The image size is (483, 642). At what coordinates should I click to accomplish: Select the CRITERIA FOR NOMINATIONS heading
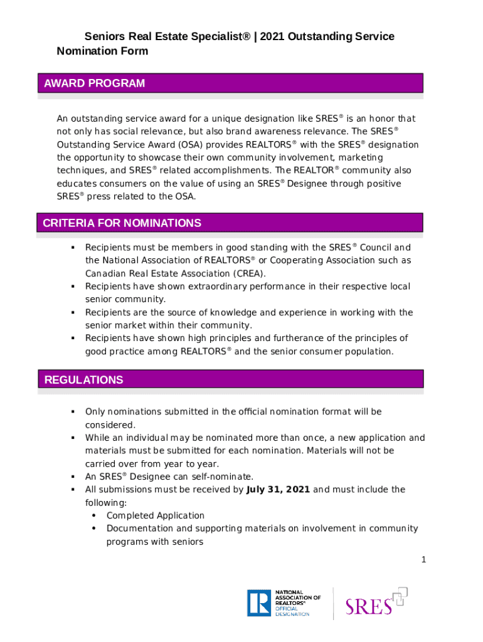pyautogui.click(x=122, y=223)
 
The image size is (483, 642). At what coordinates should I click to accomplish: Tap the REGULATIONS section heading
pyautogui.click(x=84, y=380)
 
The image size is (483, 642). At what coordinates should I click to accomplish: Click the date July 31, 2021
pyautogui.click(x=279, y=490)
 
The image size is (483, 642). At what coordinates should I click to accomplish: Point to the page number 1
pyautogui.click(x=424, y=560)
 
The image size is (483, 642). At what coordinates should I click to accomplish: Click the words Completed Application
pyautogui.click(x=156, y=515)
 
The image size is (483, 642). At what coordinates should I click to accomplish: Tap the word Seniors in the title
pyautogui.click(x=105, y=36)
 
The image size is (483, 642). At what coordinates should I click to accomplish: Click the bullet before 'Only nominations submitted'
pyautogui.click(x=73, y=411)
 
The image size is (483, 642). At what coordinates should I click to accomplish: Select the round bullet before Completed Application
pyautogui.click(x=93, y=515)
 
